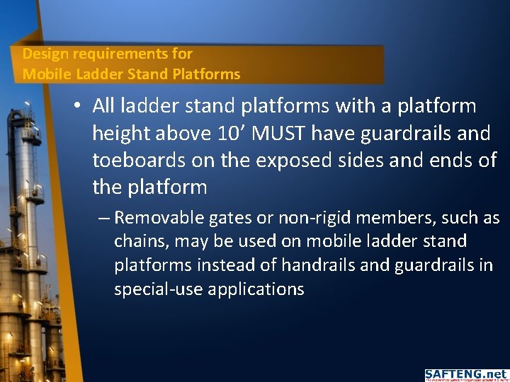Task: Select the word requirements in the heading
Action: pyautogui.click(x=109, y=54)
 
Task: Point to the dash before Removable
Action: pyautogui.click(x=104, y=218)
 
